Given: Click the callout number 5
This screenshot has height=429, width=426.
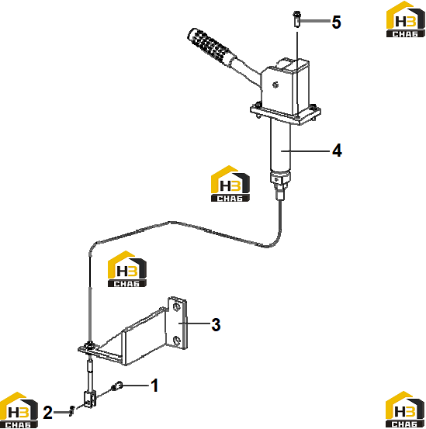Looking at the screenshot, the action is coord(336,22).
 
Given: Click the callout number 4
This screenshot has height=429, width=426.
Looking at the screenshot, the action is coord(337,150).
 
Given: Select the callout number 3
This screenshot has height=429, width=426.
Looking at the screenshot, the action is coord(216,325).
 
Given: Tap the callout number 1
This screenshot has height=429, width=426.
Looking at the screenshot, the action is coord(154,386).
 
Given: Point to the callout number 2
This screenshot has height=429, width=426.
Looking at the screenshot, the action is coord(47,412).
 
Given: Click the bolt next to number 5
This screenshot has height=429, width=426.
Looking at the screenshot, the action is coord(296,19).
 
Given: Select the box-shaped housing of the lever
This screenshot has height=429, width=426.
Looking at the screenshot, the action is coord(285,87).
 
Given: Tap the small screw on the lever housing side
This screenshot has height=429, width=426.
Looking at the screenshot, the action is coord(275,85).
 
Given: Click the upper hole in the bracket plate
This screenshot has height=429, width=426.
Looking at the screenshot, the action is coord(176,306).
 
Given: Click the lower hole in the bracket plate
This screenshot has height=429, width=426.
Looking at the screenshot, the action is coord(177,341).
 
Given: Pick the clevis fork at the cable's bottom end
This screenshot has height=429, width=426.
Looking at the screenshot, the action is coord(90,400).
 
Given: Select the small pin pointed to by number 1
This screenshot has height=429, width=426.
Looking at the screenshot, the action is coord(117,386).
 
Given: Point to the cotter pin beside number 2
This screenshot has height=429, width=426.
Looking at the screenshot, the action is coord(72,410).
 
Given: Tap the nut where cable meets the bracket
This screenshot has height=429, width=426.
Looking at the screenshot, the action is coord(89,346).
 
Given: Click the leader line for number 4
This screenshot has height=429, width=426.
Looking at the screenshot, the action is coord(305,150).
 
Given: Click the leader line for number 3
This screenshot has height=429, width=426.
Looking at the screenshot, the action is coord(194,323).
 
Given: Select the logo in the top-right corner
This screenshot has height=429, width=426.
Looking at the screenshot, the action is coord(406,19).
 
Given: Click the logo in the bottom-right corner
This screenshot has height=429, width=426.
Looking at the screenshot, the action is coord(405,410).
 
